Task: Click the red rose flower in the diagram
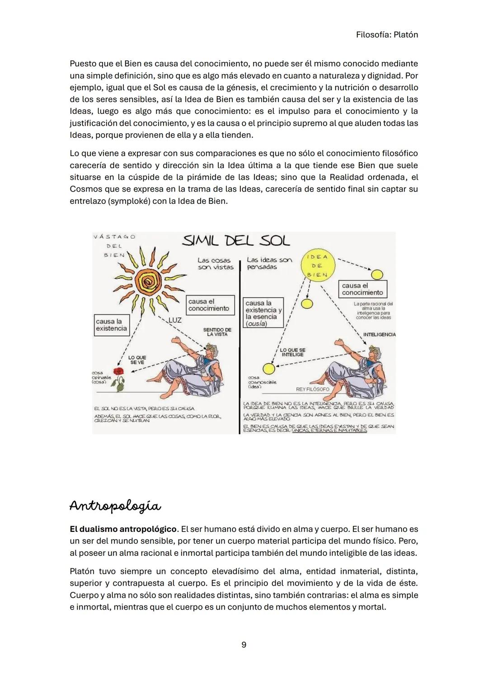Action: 118,372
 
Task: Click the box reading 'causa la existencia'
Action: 111,325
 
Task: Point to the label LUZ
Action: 175,320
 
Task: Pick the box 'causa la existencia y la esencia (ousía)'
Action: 263,313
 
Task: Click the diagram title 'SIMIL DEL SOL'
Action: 235,241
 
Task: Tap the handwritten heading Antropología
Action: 115,506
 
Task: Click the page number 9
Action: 244,645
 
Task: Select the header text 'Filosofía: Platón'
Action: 387,34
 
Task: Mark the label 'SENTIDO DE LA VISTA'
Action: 217,332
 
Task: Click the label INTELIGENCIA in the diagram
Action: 379,334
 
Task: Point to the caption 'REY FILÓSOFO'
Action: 312,389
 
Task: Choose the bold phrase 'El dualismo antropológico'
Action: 123,529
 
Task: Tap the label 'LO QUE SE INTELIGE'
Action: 292,352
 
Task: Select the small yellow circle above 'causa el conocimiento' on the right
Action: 377,274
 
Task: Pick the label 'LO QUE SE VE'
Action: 137,360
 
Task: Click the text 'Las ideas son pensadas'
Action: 269,263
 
